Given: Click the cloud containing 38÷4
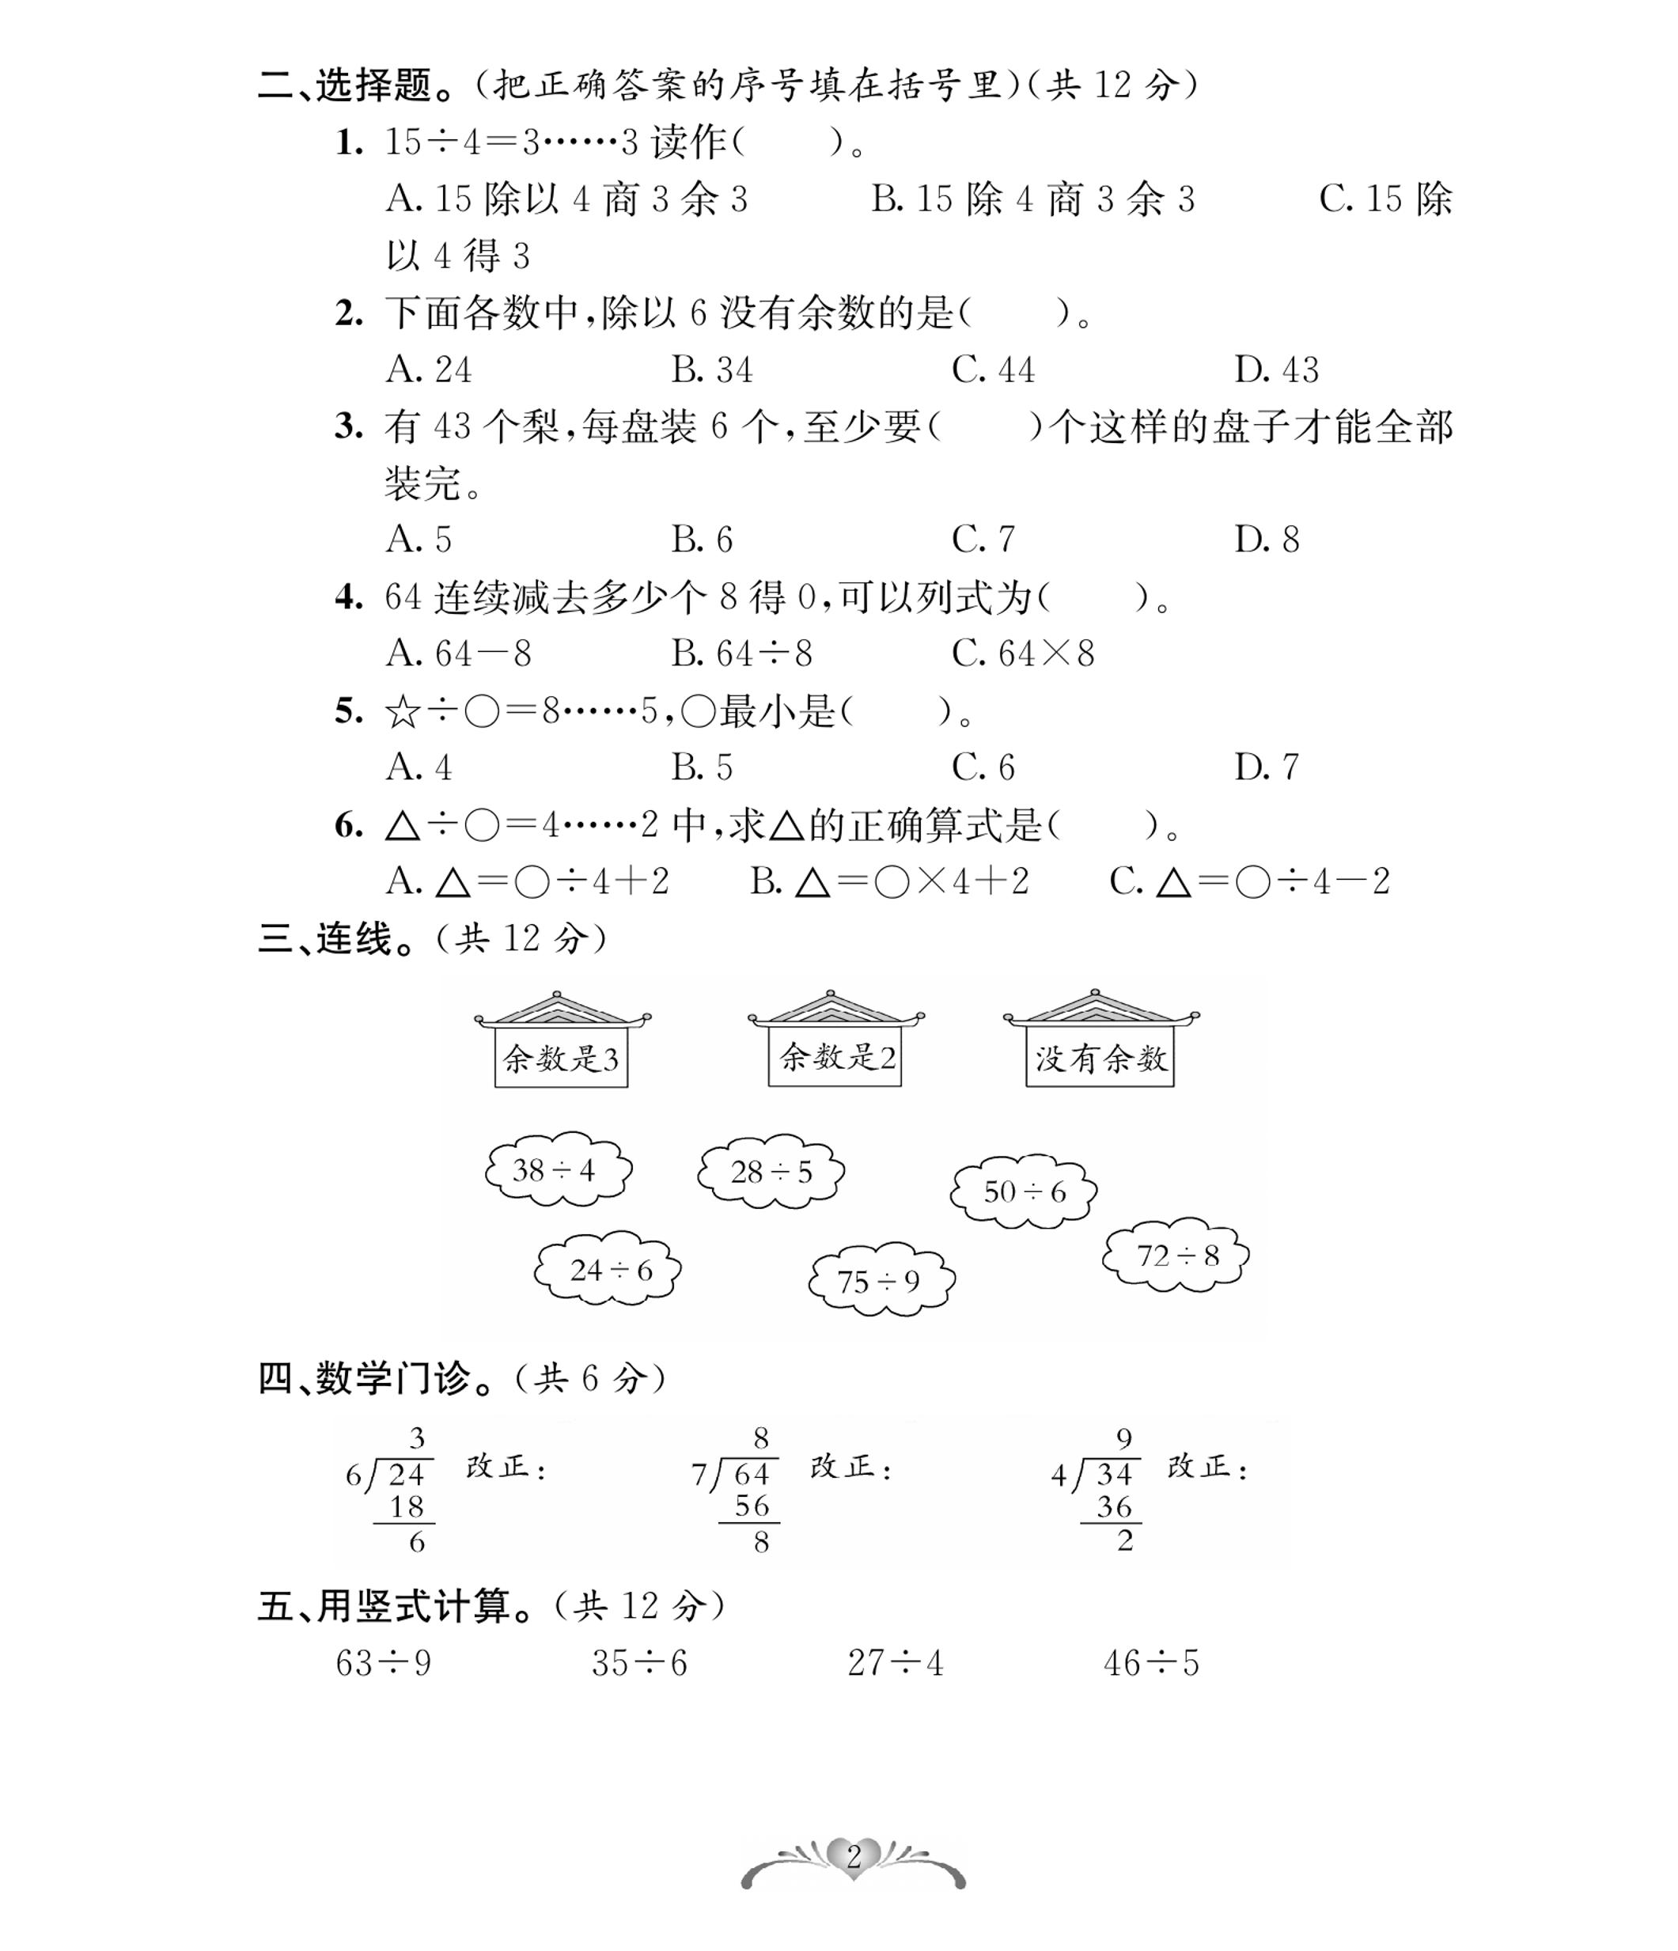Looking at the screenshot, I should pyautogui.click(x=558, y=1170).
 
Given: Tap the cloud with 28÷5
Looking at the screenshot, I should pyautogui.click(x=771, y=1172).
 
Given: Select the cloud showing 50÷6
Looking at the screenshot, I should pyautogui.click(x=1024, y=1192).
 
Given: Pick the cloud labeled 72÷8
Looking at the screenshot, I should pyautogui.click(x=1176, y=1256).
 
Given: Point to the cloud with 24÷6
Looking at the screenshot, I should pyautogui.click(x=608, y=1271).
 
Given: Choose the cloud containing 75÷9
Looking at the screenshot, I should pyautogui.click(x=881, y=1282).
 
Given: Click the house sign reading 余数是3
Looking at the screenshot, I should pyautogui.click(x=561, y=1059).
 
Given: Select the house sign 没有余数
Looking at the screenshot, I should pyautogui.click(x=1100, y=1059).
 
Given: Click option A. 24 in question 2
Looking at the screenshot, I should pyautogui.click(x=430, y=370).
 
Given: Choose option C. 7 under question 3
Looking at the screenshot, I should pyautogui.click(x=983, y=540).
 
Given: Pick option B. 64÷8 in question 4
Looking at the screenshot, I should pyautogui.click(x=741, y=653).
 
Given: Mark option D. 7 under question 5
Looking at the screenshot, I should pyautogui.click(x=1267, y=767).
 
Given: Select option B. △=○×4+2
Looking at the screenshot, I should pyautogui.click(x=889, y=881).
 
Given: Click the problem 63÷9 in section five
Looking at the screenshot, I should pyautogui.click(x=383, y=1664).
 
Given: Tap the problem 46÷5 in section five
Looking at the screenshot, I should pyautogui.click(x=1150, y=1664).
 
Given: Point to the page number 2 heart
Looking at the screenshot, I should pyautogui.click(x=853, y=1856).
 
